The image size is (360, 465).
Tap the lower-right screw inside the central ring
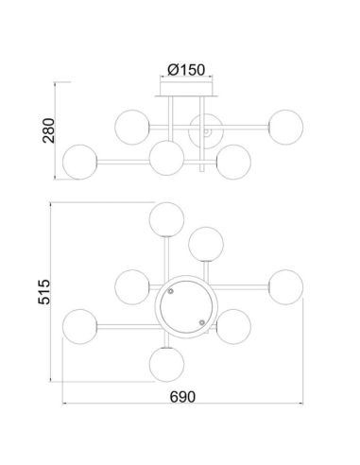(201, 322)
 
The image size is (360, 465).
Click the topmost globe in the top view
(168, 219)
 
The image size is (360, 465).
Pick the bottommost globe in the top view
(166, 361)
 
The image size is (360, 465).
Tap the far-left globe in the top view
(79, 326)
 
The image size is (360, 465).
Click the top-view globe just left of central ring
(130, 284)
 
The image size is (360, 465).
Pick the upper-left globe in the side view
(131, 124)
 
